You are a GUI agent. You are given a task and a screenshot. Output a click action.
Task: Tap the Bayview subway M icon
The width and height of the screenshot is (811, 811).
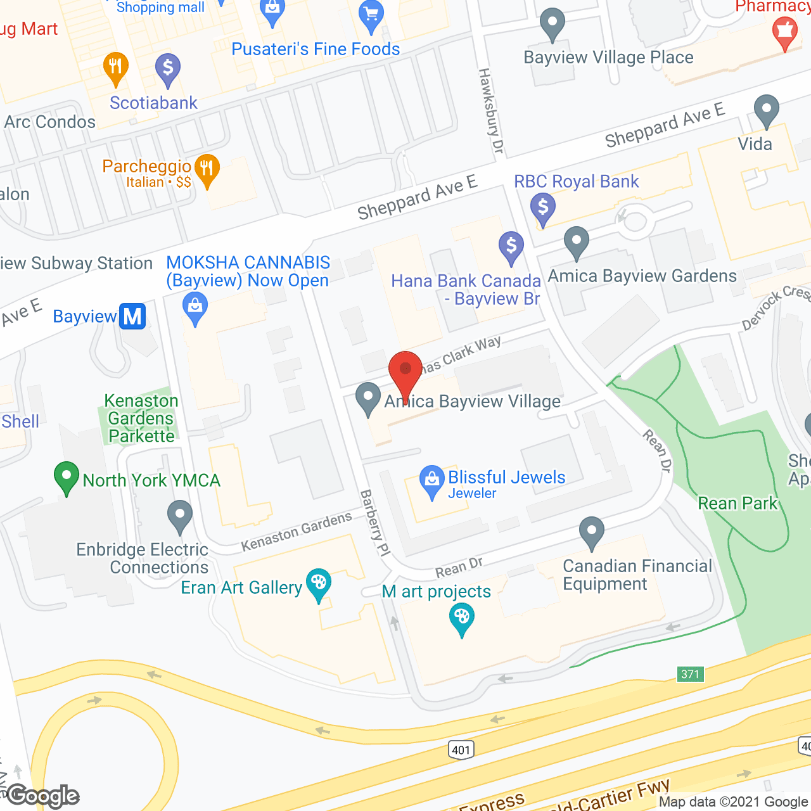(132, 316)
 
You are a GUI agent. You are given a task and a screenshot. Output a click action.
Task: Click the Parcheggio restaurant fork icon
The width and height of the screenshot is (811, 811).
(207, 169)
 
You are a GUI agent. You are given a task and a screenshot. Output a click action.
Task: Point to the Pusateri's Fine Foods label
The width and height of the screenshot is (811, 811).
(316, 49)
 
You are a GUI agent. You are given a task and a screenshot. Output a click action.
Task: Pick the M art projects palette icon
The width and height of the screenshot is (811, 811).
(462, 618)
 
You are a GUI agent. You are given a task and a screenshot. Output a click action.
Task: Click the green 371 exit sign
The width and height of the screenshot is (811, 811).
(690, 674)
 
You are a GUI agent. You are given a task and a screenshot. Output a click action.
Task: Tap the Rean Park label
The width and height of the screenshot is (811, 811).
(738, 503)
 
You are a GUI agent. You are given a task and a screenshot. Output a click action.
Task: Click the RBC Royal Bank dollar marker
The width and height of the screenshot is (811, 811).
(543, 208)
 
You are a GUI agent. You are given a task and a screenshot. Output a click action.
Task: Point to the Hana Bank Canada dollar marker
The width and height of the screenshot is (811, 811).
(511, 246)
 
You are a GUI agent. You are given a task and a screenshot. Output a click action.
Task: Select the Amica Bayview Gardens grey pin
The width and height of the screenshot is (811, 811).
(576, 242)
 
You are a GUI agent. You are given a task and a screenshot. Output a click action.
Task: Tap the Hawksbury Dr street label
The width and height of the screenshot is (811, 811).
(490, 110)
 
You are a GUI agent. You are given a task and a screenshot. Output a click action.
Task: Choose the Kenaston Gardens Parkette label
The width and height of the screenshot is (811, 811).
(141, 418)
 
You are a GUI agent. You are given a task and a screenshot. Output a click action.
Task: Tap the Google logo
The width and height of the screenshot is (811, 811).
(43, 796)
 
